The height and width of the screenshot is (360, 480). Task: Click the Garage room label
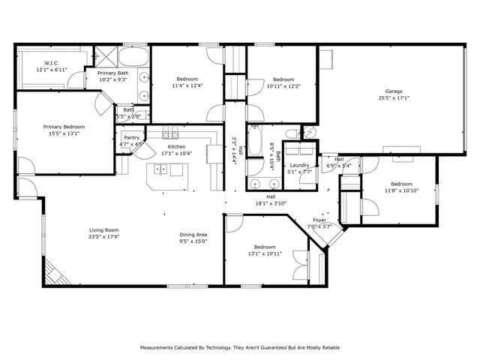(x=394, y=91)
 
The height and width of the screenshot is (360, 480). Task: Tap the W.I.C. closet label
(x=52, y=63)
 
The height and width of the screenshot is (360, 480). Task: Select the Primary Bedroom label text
(x=63, y=127)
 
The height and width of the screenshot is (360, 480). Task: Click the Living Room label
(x=104, y=230)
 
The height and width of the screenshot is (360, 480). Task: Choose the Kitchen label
(x=177, y=147)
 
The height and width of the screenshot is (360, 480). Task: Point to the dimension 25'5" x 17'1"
(x=394, y=97)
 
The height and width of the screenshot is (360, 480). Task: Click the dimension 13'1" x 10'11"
(x=264, y=253)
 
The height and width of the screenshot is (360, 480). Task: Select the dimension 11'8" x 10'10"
(x=401, y=190)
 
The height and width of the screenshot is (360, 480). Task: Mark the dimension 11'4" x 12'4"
(x=187, y=85)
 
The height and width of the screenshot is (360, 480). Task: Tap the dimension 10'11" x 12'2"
(x=283, y=85)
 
